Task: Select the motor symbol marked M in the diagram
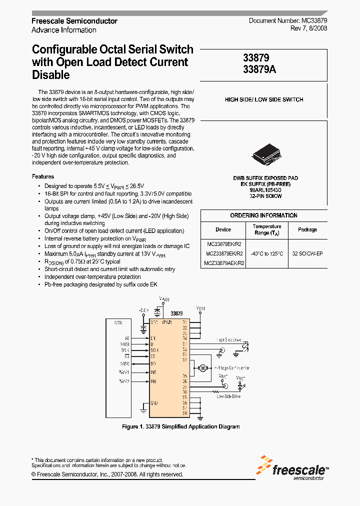click(203, 368)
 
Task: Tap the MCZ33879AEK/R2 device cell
click(224, 263)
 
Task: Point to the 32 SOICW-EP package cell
click(307, 254)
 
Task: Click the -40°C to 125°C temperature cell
click(267, 254)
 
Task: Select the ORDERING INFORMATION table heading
click(263, 215)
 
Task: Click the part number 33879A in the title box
click(259, 70)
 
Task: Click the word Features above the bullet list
click(43, 176)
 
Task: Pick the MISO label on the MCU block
click(124, 363)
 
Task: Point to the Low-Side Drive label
click(228, 396)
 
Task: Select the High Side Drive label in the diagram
click(228, 339)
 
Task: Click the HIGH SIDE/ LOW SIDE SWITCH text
click(264, 99)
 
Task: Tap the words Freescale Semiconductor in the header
click(74, 21)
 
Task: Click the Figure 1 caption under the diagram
click(181, 426)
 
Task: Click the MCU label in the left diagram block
click(118, 323)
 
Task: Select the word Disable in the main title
click(50, 75)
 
